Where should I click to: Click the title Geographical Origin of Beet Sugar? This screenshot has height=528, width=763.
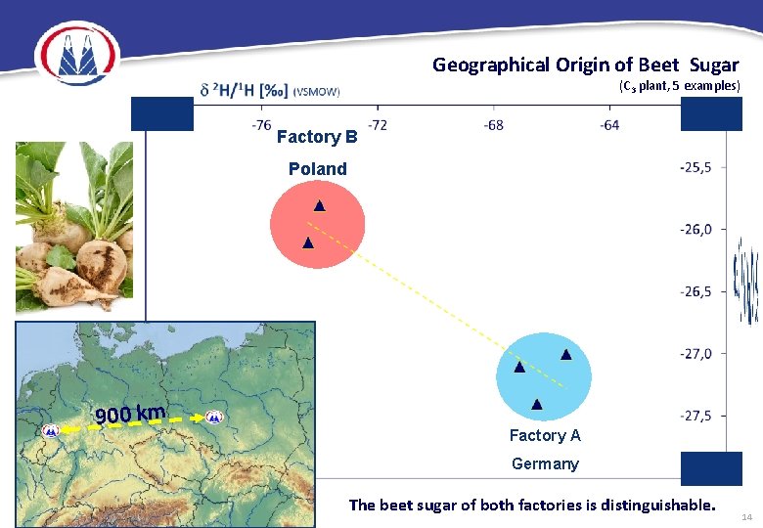(585, 66)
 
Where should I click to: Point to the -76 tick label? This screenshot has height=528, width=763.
(261, 125)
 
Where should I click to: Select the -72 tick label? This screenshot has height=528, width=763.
(377, 125)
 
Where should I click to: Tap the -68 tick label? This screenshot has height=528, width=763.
(493, 125)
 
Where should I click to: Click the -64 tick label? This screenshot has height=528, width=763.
(608, 125)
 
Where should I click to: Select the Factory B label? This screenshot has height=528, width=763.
(317, 137)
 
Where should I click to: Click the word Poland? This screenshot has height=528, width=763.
(317, 169)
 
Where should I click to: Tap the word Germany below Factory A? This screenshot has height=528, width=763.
(545, 463)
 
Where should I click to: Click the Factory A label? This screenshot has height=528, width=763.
(545, 435)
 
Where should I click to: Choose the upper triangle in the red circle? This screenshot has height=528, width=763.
(319, 206)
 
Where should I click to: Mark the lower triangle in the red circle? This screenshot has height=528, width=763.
(307, 242)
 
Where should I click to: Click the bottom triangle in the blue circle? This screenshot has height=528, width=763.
(536, 404)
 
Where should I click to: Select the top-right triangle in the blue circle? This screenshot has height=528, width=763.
(565, 354)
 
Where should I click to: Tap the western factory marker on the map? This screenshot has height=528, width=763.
(50, 430)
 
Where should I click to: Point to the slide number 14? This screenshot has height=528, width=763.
(746, 515)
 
